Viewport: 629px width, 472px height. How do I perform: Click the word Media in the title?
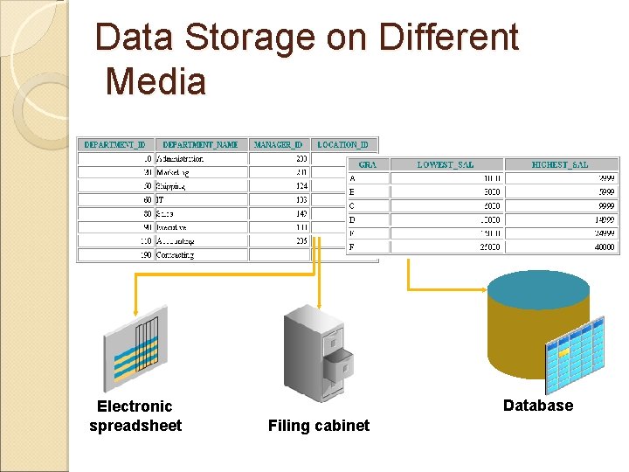point(156,81)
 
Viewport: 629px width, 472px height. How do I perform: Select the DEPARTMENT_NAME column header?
point(200,144)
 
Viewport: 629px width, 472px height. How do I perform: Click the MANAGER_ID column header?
point(279,144)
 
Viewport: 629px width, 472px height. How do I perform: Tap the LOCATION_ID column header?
point(342,144)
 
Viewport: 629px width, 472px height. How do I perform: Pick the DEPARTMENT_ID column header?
point(115,144)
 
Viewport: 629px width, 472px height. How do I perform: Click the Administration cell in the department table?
point(180,159)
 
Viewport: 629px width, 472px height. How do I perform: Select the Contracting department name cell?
point(176,255)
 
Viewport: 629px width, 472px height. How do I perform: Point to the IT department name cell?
point(161,199)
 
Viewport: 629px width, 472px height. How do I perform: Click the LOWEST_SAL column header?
point(445,164)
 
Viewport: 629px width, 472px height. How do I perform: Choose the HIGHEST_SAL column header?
point(560,164)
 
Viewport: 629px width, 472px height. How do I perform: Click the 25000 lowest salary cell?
point(488,247)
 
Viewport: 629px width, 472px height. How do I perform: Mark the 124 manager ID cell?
point(301,186)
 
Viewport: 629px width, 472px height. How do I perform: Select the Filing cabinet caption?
point(319,426)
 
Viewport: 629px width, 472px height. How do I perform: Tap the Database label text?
point(538,406)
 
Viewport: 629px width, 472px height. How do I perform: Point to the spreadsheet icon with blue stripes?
point(135,345)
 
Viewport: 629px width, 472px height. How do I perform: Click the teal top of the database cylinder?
point(538,288)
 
